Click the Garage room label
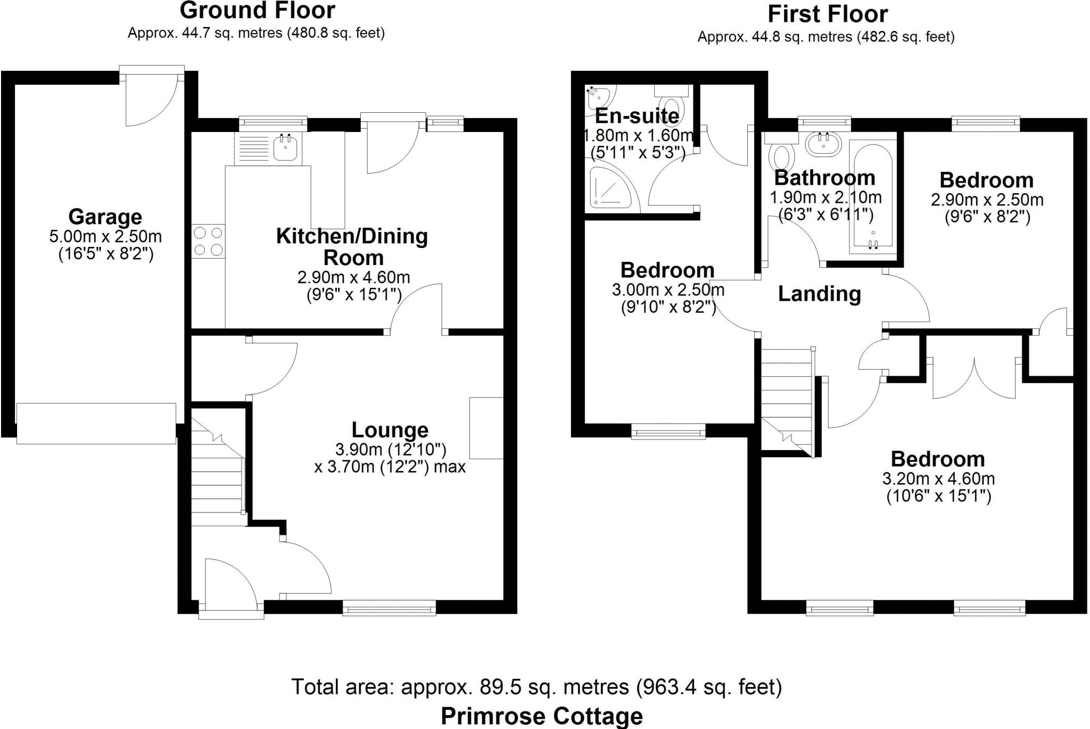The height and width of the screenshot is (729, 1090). click(105, 217)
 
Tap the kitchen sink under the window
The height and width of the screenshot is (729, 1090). click(287, 147)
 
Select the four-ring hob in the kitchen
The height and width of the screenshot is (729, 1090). click(209, 241)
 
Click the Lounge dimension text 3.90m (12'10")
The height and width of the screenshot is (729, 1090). click(390, 450)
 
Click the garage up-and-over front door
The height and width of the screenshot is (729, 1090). click(96, 423)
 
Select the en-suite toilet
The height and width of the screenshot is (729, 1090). click(672, 104)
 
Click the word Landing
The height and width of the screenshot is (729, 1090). click(819, 294)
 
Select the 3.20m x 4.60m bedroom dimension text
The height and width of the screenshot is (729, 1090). click(938, 478)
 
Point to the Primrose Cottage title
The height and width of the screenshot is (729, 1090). click(541, 716)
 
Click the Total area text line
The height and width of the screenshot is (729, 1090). click(536, 687)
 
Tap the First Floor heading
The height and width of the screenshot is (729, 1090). click(827, 14)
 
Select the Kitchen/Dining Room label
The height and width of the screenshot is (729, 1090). click(352, 246)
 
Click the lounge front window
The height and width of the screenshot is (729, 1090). click(389, 608)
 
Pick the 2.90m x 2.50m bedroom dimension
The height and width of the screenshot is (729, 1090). click(987, 200)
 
